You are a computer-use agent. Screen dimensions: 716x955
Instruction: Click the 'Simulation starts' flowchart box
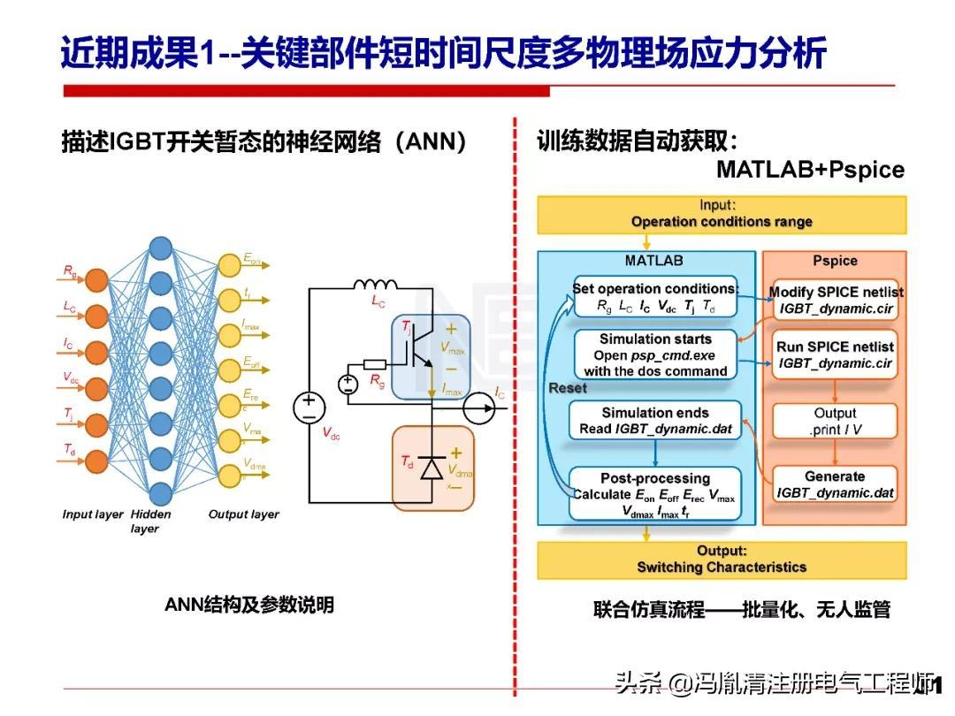click(x=655, y=354)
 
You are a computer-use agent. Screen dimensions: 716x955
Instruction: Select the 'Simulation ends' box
click(x=655, y=421)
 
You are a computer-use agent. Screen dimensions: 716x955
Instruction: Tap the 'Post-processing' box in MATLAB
click(x=655, y=494)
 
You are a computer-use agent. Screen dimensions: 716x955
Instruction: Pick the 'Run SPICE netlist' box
click(x=836, y=354)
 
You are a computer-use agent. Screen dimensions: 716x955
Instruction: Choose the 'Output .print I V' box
click(x=836, y=421)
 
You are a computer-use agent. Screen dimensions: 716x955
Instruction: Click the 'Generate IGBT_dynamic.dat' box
click(x=836, y=484)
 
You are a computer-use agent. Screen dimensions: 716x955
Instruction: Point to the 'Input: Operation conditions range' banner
click(x=722, y=214)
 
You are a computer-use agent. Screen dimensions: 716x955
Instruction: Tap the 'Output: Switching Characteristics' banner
click(x=722, y=560)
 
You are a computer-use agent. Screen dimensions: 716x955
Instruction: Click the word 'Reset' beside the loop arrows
click(x=568, y=388)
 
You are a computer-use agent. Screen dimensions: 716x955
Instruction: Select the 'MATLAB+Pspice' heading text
click(x=810, y=169)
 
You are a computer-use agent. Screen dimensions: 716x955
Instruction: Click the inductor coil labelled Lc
click(x=377, y=286)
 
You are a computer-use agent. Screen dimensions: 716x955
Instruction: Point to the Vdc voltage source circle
click(x=309, y=407)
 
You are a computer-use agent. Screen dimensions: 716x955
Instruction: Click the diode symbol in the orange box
click(x=432, y=468)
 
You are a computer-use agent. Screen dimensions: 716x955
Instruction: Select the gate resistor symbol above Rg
click(x=374, y=364)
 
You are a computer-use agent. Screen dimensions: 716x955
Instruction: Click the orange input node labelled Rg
click(x=97, y=280)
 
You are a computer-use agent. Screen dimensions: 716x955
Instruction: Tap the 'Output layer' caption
click(x=243, y=514)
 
